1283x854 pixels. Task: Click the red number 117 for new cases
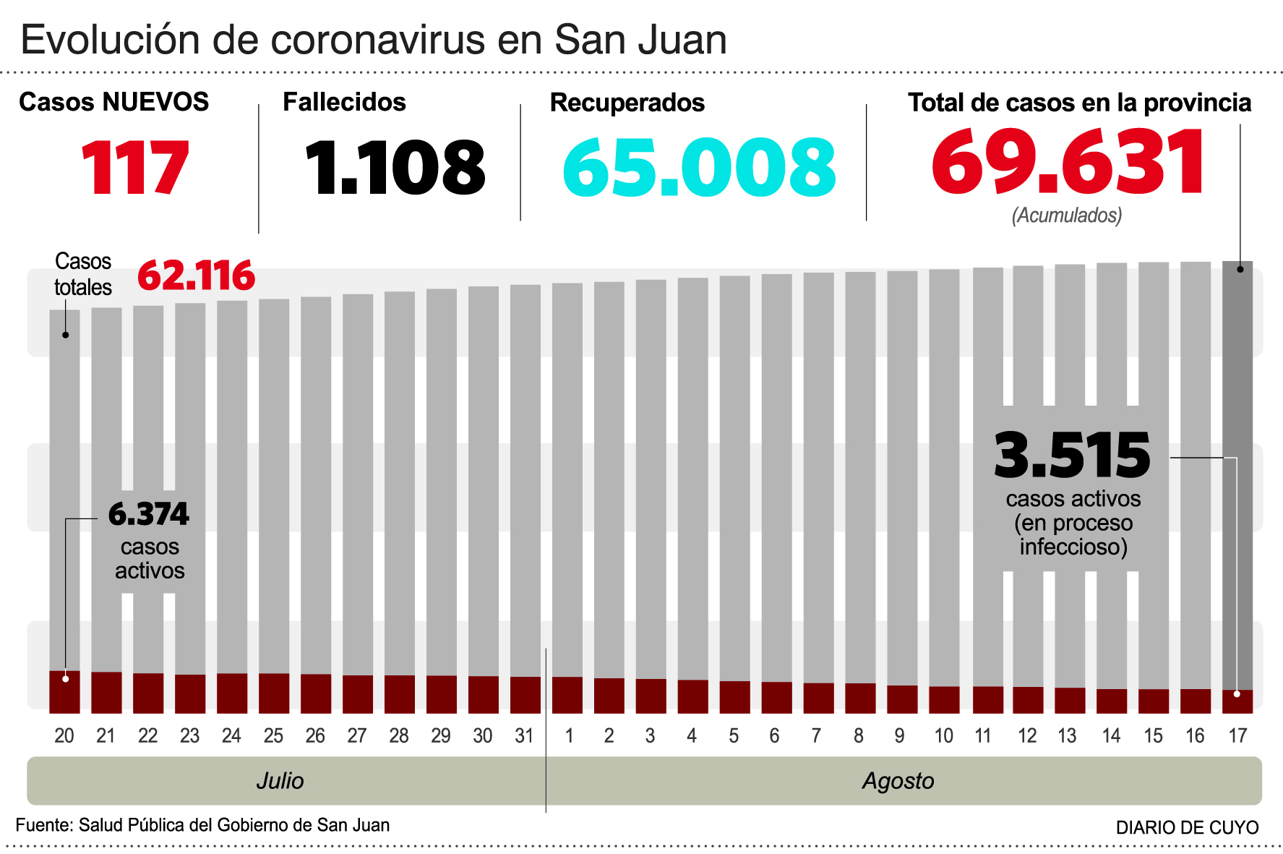(x=135, y=168)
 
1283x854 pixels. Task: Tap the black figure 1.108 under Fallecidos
(x=395, y=168)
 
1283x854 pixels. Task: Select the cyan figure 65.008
(x=699, y=168)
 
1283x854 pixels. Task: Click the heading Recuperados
(x=627, y=103)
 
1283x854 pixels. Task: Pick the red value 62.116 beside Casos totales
(x=196, y=276)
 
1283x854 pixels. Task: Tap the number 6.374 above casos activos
(x=148, y=514)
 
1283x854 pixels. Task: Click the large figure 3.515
(x=1072, y=456)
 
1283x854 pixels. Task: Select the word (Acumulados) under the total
(x=1067, y=215)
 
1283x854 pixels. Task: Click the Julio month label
(x=280, y=781)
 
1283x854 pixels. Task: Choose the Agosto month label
(x=898, y=781)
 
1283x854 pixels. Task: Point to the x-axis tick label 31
(x=524, y=736)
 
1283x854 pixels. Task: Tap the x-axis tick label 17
(x=1237, y=736)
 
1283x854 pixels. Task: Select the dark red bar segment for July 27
(x=358, y=694)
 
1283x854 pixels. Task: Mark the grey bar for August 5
(x=734, y=477)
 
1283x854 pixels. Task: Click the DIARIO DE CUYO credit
(x=1187, y=828)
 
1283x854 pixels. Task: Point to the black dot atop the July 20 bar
(x=65, y=335)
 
